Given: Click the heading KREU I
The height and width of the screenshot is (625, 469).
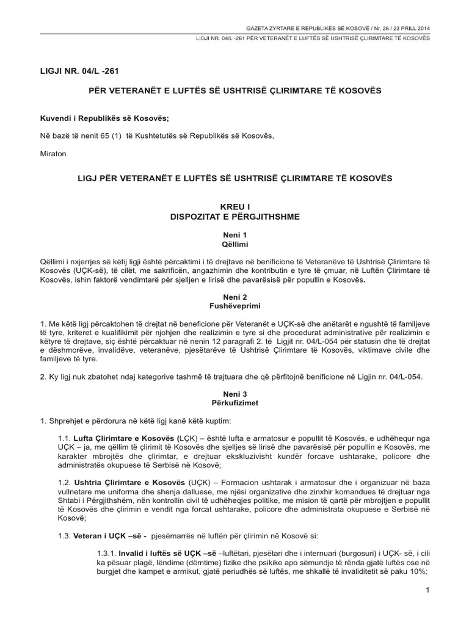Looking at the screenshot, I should (x=234, y=206).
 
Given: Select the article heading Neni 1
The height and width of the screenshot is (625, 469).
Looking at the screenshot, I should (x=234, y=235).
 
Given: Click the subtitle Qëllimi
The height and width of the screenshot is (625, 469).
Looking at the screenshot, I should (x=234, y=244).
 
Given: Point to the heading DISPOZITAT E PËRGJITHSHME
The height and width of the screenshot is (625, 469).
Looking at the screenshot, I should (x=234, y=216).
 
